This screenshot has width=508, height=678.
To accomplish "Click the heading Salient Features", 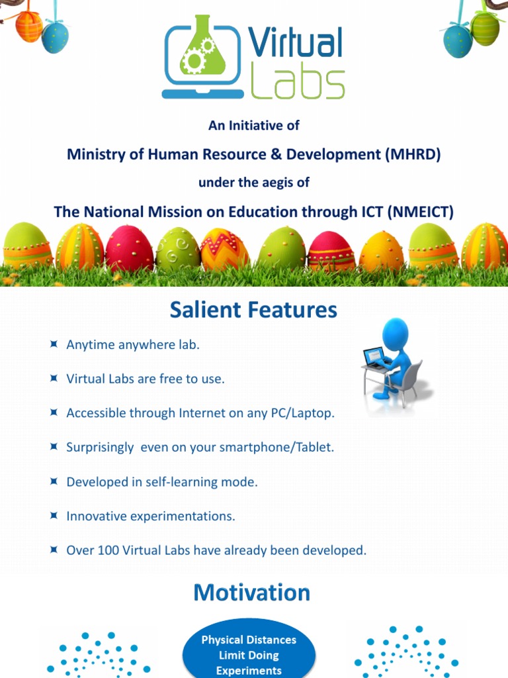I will pos(253,310).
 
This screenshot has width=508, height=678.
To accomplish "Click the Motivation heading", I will pos(251,593).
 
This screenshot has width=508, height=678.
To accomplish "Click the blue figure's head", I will pos(396,332).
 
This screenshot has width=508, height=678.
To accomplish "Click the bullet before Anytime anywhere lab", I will pos(54,344).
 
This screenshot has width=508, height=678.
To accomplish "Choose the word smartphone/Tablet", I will pos(281,447).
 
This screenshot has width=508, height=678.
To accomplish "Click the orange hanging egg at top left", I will pos(29,26).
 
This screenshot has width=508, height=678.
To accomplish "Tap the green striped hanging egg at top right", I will pos(485,28).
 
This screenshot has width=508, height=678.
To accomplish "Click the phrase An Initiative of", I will pos(254,124).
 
